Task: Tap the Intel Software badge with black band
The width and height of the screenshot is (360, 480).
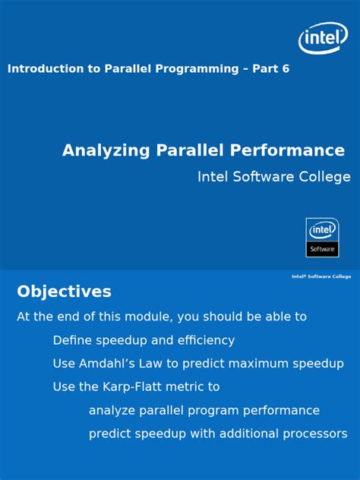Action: [322, 238]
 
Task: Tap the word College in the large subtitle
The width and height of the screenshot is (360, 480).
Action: [326, 177]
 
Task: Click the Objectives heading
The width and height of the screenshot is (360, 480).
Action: [64, 292]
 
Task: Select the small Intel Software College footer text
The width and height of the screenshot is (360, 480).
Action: [321, 276]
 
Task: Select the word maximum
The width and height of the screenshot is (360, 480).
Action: [258, 364]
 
